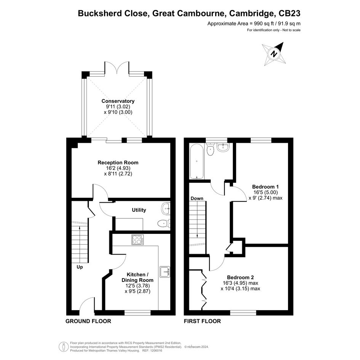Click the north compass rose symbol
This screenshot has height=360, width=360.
coord(274,54)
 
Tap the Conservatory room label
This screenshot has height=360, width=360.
coord(118,101)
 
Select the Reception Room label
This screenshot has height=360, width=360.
coord(118,163)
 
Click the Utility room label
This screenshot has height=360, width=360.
coord(139,210)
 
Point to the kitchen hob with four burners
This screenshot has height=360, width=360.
coord(138,240)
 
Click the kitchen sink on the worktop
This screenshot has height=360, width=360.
coord(165,272)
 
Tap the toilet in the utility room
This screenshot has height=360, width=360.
coord(164,223)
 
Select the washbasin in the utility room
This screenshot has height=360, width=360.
coord(166,208)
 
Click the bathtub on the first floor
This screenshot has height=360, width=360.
coord(197,162)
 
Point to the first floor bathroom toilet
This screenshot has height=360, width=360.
coord(210,149)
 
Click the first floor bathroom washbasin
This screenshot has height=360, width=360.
coord(223,147)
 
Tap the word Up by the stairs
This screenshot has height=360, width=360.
coord(80,267)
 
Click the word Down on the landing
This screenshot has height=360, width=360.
coord(197,198)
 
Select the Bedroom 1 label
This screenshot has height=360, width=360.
coord(266,187)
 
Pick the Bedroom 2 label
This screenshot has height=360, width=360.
coord(240,277)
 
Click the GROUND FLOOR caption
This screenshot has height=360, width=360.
coord(88,321)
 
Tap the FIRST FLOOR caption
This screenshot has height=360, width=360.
coord(202,321)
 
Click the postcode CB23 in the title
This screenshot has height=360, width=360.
coord(289,13)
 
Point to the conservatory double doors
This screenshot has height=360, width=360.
coord(117,68)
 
